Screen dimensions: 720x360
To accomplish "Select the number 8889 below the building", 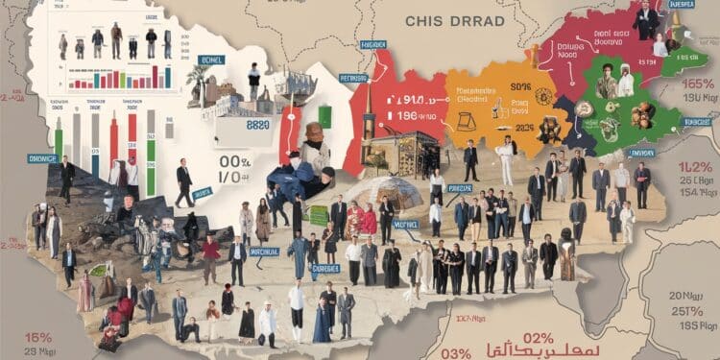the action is (258, 126).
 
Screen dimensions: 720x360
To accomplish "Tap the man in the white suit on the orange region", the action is (506, 158).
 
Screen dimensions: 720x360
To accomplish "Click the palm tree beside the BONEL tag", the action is (199, 82).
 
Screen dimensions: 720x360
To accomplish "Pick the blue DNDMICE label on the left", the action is (43, 157).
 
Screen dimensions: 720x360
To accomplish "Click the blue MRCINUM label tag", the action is (265, 252).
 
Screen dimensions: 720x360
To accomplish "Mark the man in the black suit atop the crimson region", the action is (647, 19).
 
